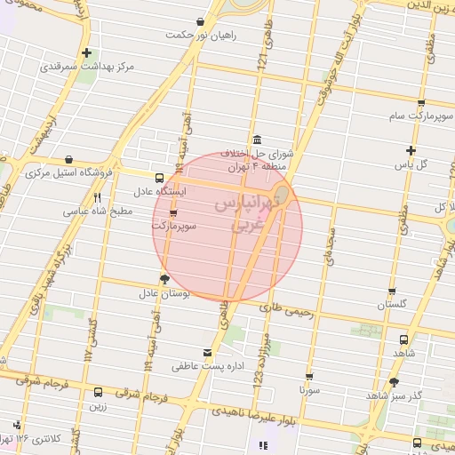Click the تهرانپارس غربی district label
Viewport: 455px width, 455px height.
click(242, 215)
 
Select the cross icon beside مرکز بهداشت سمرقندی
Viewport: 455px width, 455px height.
click(86, 52)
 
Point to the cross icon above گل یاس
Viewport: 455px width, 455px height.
click(411, 150)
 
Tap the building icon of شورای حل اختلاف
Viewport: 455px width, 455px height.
click(257, 139)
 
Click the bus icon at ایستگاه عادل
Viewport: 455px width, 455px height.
click(159, 178)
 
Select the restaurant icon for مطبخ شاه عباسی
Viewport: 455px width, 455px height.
click(98, 197)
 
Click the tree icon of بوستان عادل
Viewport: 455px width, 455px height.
click(164, 279)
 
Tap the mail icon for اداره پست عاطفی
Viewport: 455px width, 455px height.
click(208, 352)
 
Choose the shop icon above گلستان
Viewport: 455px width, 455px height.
click(392, 292)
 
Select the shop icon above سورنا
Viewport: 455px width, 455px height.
click(309, 376)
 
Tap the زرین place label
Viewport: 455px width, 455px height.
click(98, 406)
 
